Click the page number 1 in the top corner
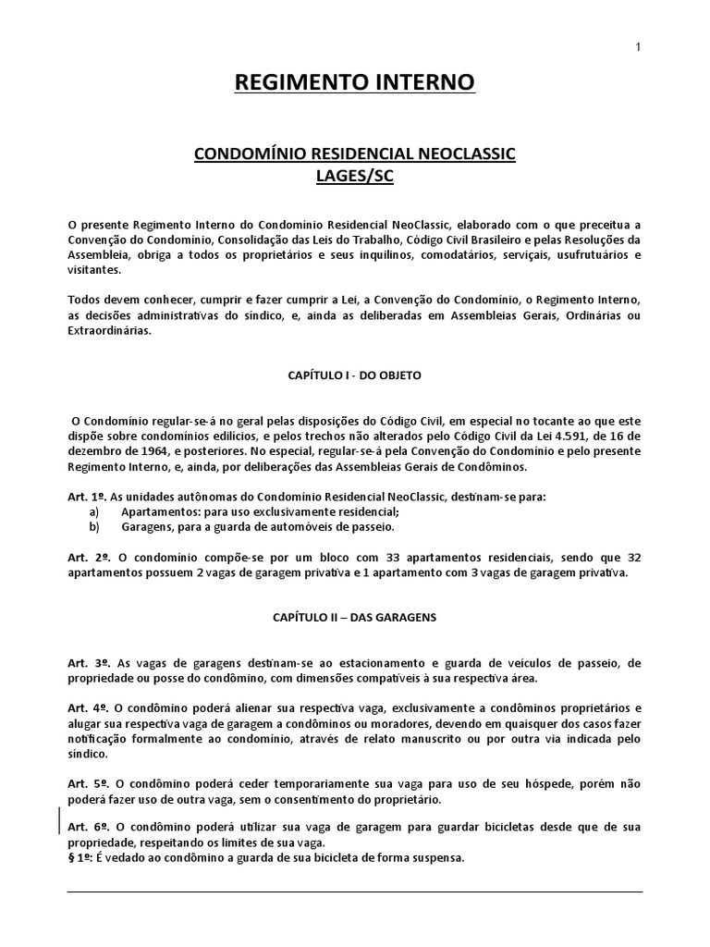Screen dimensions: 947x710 (638, 48)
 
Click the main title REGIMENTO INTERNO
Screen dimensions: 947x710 (355, 83)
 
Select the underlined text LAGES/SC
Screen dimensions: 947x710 (355, 177)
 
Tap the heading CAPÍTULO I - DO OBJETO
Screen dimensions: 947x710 (355, 376)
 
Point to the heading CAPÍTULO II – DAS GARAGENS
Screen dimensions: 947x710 (355, 615)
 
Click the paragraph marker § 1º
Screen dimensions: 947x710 (82, 856)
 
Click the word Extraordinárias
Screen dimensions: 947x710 (112, 332)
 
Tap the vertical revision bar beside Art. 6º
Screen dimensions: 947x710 (62, 819)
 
